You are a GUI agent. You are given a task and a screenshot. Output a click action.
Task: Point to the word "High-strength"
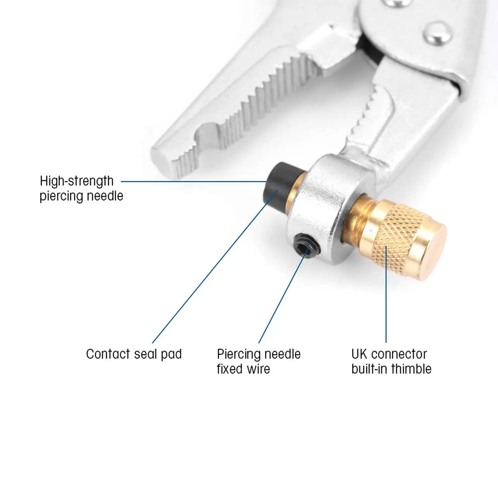(x=77, y=181)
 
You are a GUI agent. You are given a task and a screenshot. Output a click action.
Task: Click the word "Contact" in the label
(x=108, y=354)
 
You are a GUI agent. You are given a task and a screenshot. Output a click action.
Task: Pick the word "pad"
(x=171, y=355)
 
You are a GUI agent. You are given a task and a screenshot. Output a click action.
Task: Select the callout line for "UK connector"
(x=386, y=296)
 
